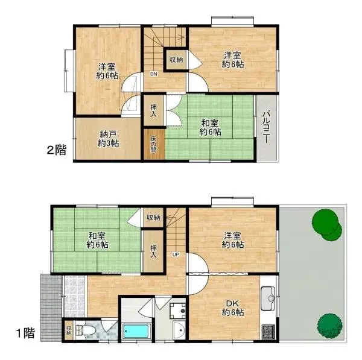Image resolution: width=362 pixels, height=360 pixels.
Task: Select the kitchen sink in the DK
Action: coord(268,298)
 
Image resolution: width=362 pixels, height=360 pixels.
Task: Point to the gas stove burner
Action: coord(268,332)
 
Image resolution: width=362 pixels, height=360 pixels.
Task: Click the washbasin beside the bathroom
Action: coord(179,330)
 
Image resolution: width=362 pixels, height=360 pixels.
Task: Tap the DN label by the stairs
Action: coord(153,74)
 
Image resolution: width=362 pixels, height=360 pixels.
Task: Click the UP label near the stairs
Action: coord(176,254)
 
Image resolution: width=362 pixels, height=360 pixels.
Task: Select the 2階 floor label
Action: coord(57,150)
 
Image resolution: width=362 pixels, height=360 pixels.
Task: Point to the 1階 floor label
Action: coord(25,333)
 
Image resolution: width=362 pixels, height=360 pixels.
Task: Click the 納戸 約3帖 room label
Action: coord(108,139)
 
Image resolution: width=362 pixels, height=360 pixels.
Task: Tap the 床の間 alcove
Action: coord(154,144)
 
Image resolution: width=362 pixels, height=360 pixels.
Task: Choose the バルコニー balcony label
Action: coord(267,127)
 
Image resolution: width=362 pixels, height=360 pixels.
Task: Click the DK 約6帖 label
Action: coord(233,308)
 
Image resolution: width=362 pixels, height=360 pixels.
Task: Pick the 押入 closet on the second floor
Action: coord(153,110)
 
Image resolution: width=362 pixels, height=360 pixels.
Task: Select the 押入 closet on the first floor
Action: coord(153,251)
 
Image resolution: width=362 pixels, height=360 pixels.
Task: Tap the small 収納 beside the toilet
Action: coord(69,330)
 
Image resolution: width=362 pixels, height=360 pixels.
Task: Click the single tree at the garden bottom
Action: coord(329,326)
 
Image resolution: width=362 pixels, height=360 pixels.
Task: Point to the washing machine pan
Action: coord(178,311)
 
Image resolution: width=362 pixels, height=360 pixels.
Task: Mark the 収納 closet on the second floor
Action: coord(176,60)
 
